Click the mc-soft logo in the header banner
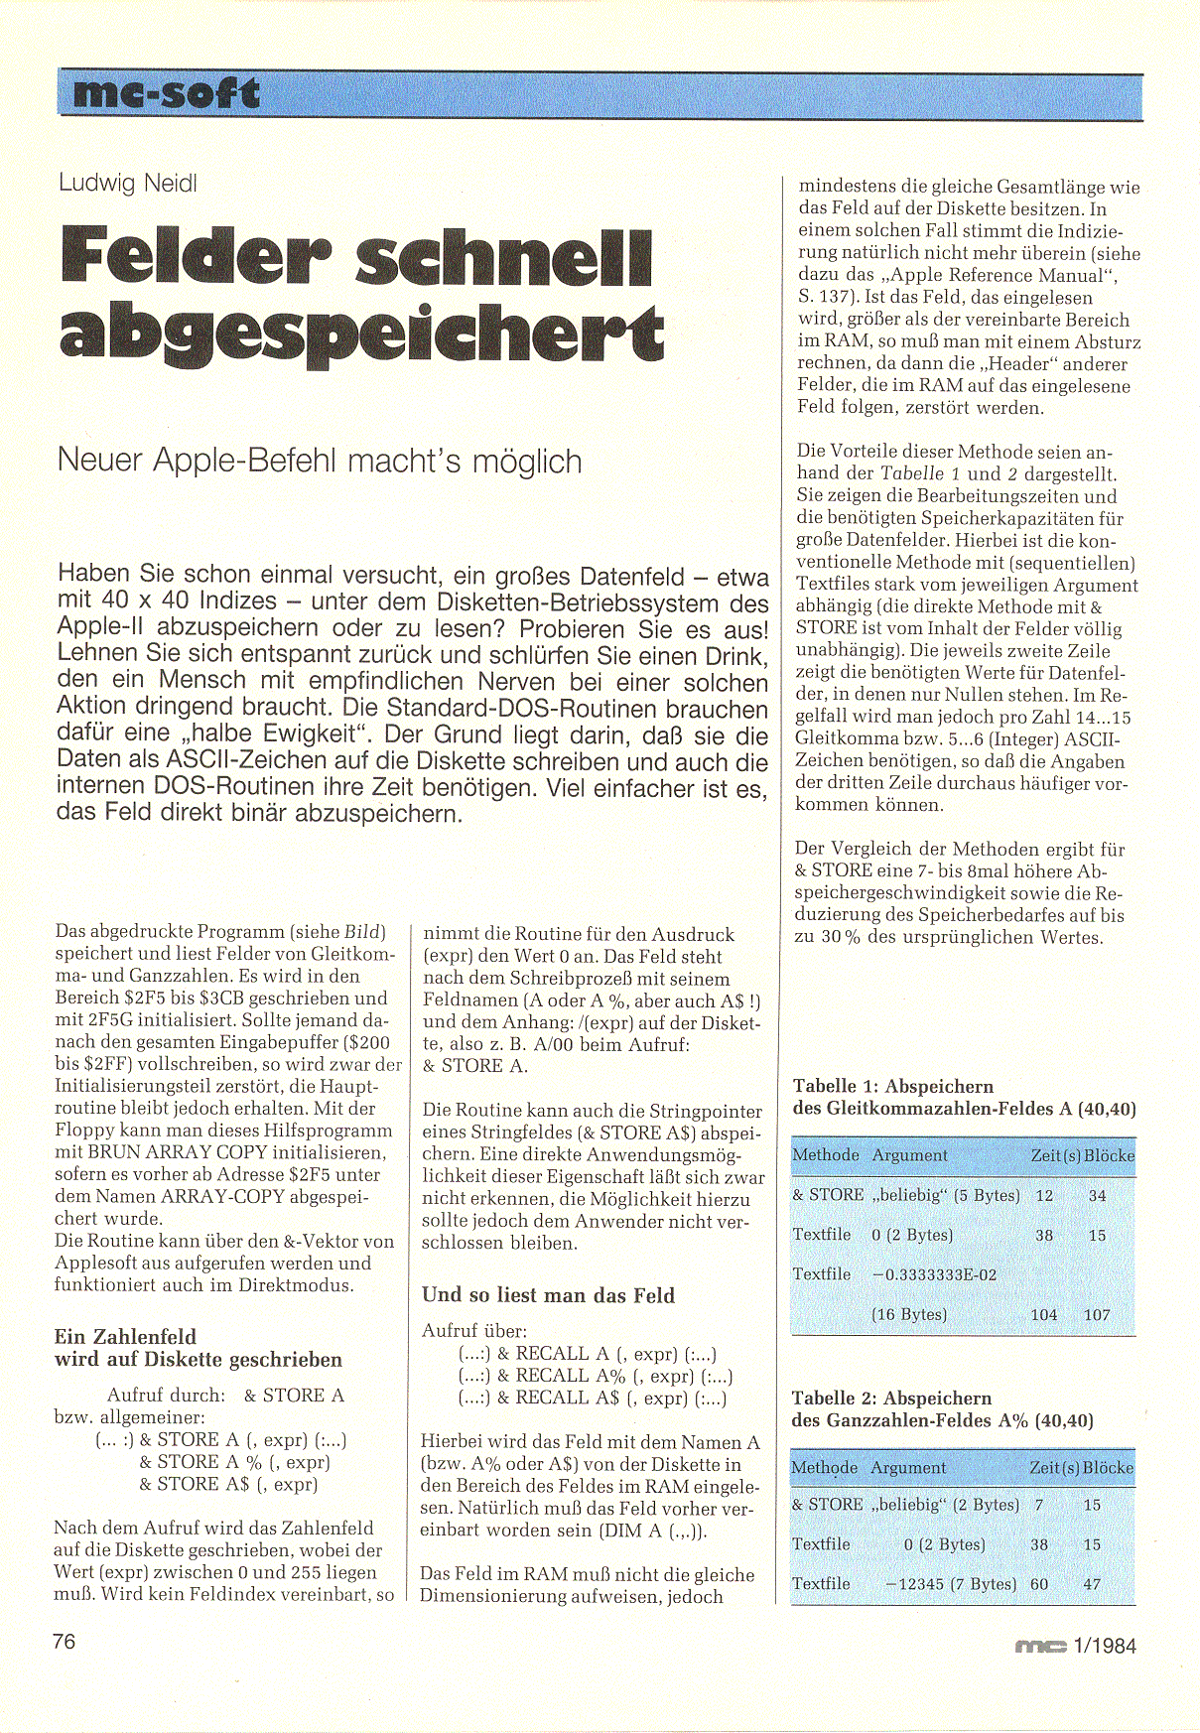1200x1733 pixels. (166, 94)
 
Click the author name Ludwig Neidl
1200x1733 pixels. (127, 183)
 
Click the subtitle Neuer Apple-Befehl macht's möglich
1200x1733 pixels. (320, 462)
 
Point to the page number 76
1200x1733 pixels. (64, 1642)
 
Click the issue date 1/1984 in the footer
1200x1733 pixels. (1105, 1646)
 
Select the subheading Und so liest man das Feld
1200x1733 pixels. (548, 1295)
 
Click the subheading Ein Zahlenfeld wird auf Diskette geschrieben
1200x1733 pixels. (198, 1348)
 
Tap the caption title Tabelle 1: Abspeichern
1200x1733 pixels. (892, 1086)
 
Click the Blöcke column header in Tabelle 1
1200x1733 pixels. (1109, 1155)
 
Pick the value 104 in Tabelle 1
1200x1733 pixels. (1044, 1315)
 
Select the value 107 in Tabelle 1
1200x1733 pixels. (1097, 1315)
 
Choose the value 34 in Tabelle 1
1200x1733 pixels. (1097, 1196)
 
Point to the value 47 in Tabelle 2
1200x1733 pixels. (1092, 1584)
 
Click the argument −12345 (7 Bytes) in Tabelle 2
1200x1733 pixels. (950, 1584)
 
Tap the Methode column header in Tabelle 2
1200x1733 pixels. (825, 1467)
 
